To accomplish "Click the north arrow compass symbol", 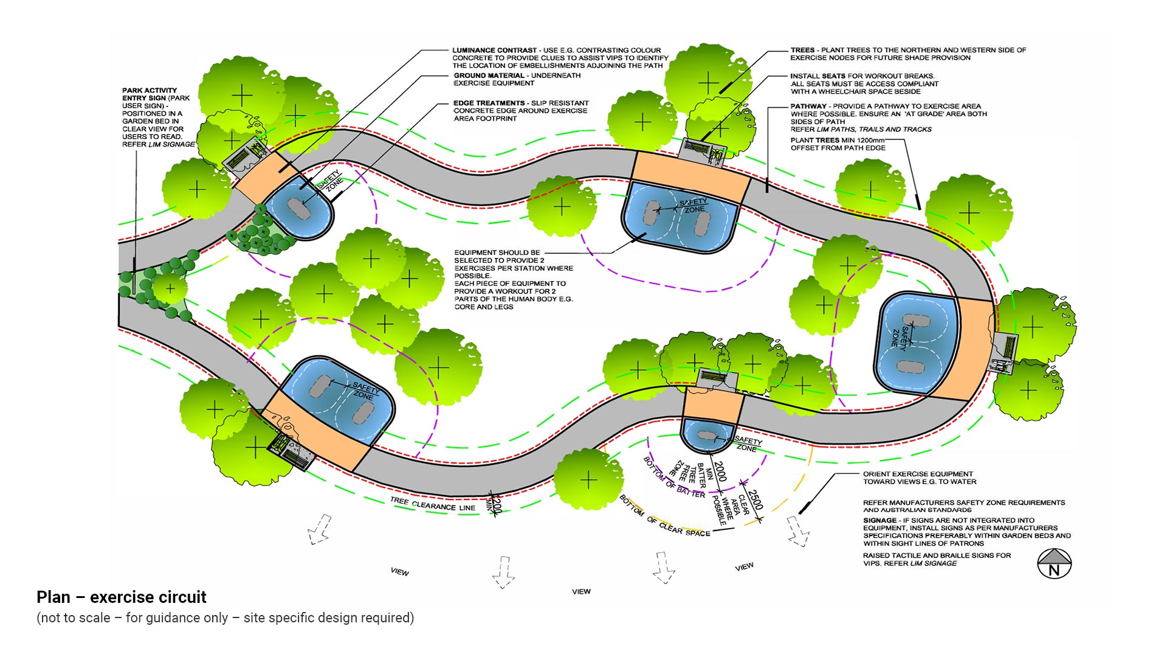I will coord(1054,563).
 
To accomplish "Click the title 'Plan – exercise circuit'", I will coord(122,597).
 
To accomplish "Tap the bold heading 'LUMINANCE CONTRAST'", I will coord(494,50).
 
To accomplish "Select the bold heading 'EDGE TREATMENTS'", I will coord(489,103).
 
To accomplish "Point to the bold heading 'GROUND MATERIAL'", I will coord(489,76).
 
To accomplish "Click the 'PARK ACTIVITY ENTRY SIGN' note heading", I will coord(150,94).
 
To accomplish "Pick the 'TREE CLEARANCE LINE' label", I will coord(432,504).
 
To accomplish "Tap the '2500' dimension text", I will coord(754,500).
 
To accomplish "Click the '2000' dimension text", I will coord(720,471).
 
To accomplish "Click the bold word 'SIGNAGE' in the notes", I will coord(880,521).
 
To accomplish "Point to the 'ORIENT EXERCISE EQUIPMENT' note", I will coord(918,474).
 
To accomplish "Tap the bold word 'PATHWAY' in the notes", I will coord(808,106).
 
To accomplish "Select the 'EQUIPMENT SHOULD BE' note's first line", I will coord(497,252).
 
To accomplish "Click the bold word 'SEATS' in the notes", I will coord(834,76).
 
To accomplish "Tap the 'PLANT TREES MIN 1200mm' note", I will coord(838,141).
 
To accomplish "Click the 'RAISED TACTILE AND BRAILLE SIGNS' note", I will coord(937,555).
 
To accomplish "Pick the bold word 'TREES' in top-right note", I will coord(802,50).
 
